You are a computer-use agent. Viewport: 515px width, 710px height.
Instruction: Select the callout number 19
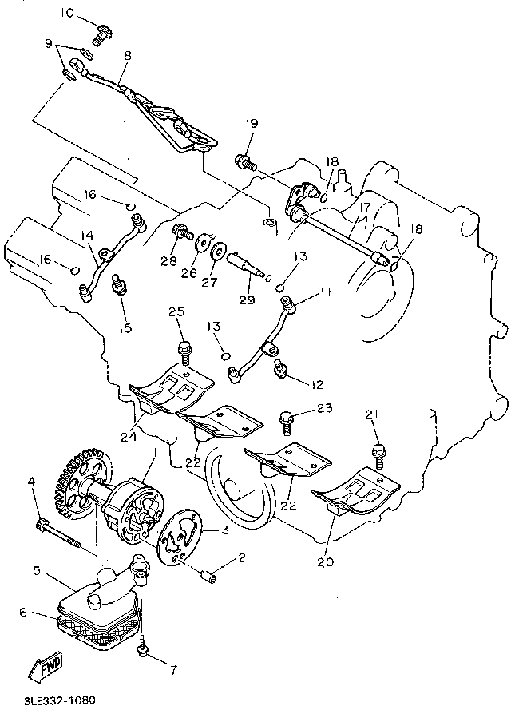tap(252, 123)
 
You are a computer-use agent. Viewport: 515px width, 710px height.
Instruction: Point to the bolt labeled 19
tap(245, 161)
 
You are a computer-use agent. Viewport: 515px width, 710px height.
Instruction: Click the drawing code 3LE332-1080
tap(59, 700)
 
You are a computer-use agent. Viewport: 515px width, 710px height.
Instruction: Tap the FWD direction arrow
tap(47, 668)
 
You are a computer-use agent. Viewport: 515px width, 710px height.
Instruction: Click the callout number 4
tap(31, 482)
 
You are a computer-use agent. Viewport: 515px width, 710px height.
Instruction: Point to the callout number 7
tap(173, 670)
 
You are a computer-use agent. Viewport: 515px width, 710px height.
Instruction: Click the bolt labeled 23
tap(286, 422)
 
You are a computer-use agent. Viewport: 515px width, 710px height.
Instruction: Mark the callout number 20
tap(326, 562)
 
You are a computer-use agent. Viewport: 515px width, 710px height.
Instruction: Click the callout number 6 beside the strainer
tap(23, 613)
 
